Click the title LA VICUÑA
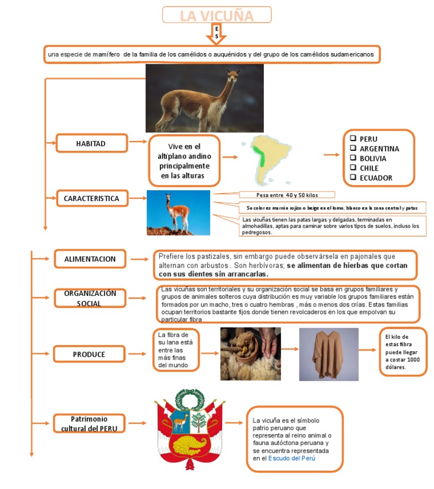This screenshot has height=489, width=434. click(x=216, y=15)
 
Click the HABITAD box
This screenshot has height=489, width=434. click(x=91, y=144)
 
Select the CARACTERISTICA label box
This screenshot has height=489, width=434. click(x=92, y=199)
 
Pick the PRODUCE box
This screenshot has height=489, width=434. click(x=89, y=354)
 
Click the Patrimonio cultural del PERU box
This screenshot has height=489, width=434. click(x=89, y=423)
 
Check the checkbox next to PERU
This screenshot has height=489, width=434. click(x=353, y=138)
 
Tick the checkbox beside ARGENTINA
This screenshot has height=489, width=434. click(x=353, y=148)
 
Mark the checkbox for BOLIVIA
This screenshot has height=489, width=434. click(x=353, y=158)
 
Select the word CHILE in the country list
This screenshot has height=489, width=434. click(x=369, y=168)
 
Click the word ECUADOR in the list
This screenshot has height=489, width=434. click(x=376, y=178)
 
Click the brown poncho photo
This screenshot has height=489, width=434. click(x=328, y=354)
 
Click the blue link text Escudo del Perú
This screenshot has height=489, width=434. click(x=292, y=459)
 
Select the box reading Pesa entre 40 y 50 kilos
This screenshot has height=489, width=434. click(x=287, y=195)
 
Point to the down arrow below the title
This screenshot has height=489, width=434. click(x=217, y=33)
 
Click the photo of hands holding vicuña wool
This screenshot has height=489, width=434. click(x=250, y=353)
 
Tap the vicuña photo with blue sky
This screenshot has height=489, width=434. click(x=178, y=213)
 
